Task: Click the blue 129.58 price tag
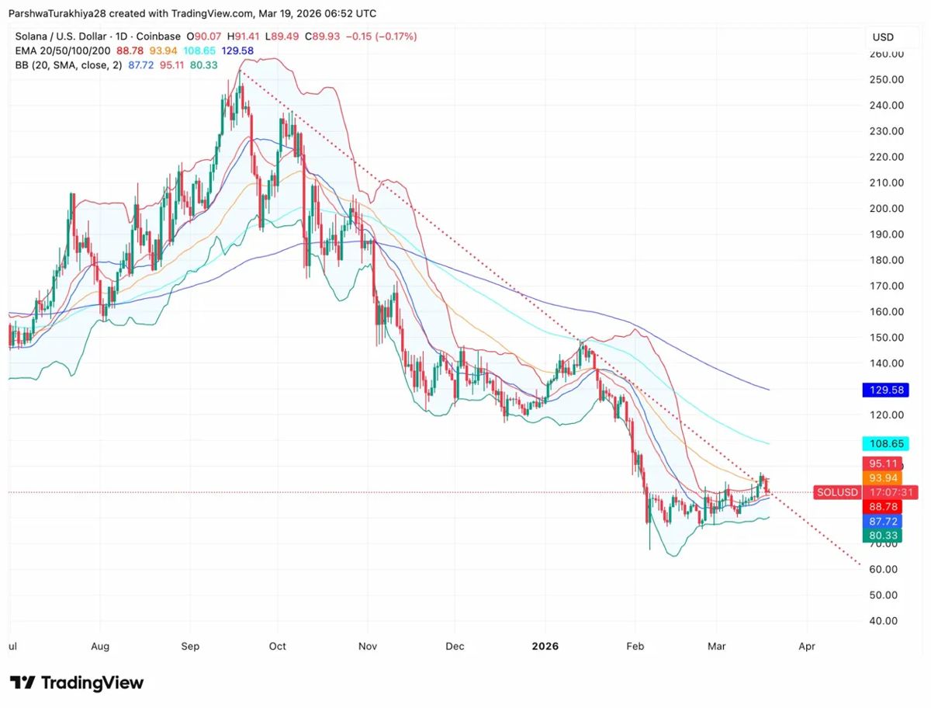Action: click(x=887, y=390)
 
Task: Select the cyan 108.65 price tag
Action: click(x=887, y=444)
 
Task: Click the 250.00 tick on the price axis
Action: click(x=887, y=79)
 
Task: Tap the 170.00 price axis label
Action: click(x=887, y=286)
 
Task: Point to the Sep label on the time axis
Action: click(x=191, y=646)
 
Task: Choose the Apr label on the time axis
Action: click(x=807, y=646)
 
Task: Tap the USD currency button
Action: click(x=883, y=37)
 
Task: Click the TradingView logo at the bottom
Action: click(x=77, y=683)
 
